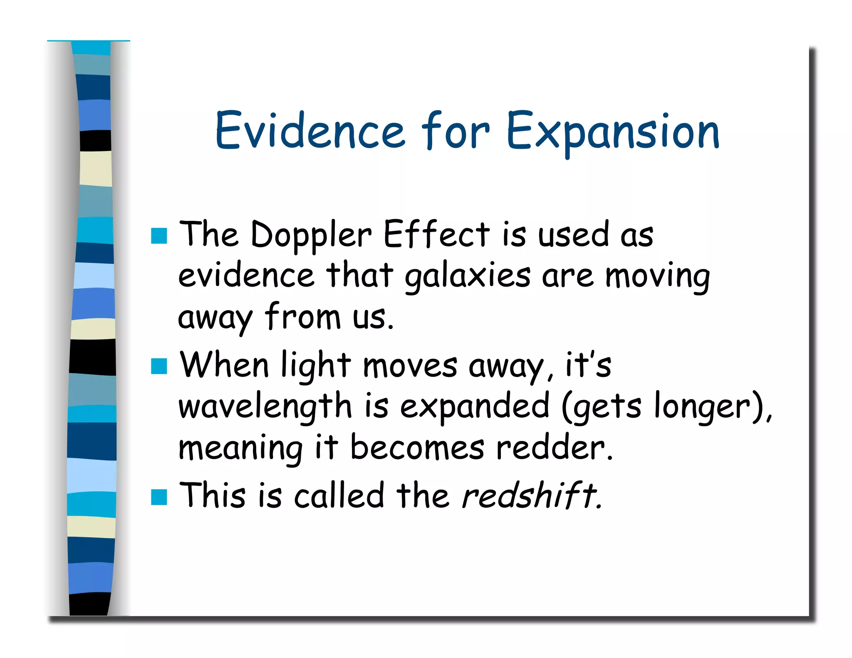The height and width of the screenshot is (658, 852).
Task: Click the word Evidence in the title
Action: [310, 130]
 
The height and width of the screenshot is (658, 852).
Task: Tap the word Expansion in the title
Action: [613, 130]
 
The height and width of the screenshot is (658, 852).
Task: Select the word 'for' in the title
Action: [455, 130]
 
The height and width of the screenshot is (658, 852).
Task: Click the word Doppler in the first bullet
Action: [311, 235]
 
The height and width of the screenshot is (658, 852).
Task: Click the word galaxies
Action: [468, 276]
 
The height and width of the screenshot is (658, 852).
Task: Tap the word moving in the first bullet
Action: [657, 276]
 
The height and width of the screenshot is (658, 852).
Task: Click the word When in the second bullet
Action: [224, 365]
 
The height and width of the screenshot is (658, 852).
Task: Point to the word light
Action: [316, 366]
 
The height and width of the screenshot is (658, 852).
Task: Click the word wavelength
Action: [265, 406]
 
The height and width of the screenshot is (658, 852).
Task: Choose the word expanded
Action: [474, 406]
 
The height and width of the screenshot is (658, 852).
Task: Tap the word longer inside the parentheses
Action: [702, 406]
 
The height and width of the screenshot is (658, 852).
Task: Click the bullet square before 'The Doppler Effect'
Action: [159, 236]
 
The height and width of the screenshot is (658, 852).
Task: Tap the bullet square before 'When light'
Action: [159, 366]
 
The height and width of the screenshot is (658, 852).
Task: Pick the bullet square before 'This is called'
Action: [159, 497]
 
